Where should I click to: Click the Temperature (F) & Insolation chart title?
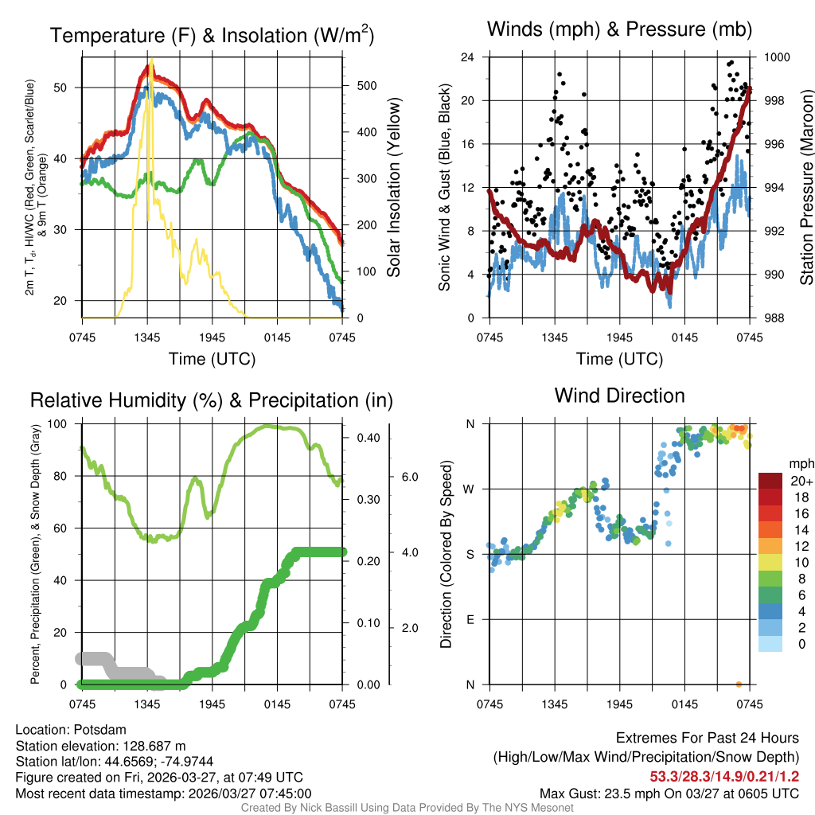tap(212, 36)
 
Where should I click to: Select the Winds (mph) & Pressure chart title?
tap(619, 29)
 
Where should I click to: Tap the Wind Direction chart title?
tap(619, 396)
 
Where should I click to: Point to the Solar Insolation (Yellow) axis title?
tap(393, 187)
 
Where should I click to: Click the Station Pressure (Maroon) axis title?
tap(805, 187)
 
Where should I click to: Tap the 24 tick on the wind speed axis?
tap(468, 57)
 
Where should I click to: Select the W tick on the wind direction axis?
tap(470, 489)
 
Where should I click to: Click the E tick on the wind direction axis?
tap(470, 619)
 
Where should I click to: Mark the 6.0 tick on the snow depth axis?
tap(408, 477)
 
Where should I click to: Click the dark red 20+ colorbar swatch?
tap(770, 482)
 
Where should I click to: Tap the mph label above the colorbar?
tap(800, 464)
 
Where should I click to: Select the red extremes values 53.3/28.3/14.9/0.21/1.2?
tap(724, 776)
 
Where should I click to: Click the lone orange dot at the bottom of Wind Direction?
tap(739, 684)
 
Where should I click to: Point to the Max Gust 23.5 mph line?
tap(669, 793)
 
